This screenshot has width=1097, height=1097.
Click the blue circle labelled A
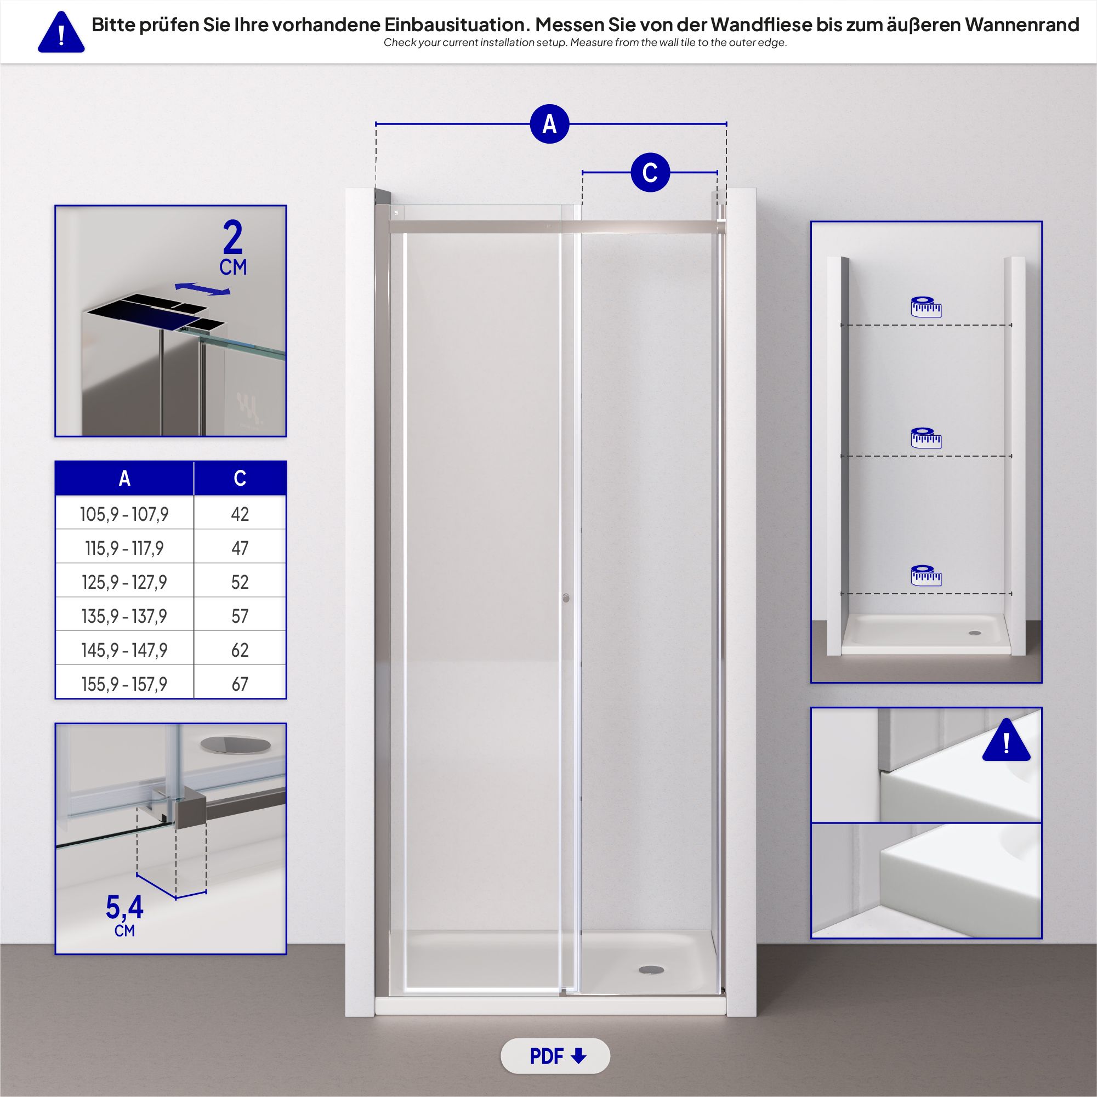(549, 124)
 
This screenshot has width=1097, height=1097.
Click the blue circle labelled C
(650, 172)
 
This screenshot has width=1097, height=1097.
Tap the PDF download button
(555, 1056)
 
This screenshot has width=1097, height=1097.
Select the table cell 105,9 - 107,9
(124, 514)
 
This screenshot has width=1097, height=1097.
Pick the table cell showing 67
(240, 684)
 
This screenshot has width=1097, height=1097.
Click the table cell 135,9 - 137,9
(124, 616)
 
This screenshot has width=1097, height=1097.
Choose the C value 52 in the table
(240, 582)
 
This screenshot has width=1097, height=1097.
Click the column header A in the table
(124, 478)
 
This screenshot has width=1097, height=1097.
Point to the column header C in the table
(240, 478)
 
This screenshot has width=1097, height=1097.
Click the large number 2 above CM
(233, 239)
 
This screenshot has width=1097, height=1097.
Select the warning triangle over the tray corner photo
(1006, 741)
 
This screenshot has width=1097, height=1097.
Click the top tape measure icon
(926, 306)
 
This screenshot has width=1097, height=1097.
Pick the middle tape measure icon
(926, 438)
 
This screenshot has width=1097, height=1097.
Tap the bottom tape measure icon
(926, 575)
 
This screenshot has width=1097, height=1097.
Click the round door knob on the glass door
(566, 598)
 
